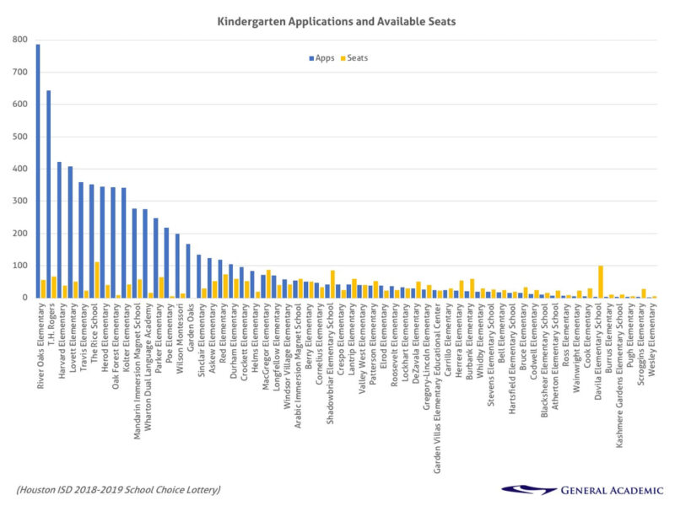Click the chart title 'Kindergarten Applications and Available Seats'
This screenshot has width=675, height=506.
click(x=347, y=18)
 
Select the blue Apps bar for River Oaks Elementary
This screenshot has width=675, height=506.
click(x=38, y=169)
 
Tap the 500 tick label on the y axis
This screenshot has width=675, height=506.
click(x=19, y=137)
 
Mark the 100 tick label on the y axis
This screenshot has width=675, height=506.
click(x=19, y=266)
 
